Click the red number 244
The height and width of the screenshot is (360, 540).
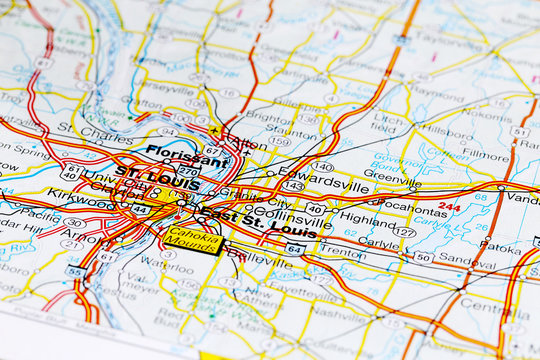449,207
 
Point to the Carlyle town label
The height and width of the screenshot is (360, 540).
379,243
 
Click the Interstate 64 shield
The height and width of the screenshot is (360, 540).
294,248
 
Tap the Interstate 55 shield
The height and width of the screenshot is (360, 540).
75,271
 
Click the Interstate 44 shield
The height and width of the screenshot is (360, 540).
141,211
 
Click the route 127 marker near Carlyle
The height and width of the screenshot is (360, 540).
403,232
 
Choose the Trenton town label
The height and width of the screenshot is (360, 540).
343,253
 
